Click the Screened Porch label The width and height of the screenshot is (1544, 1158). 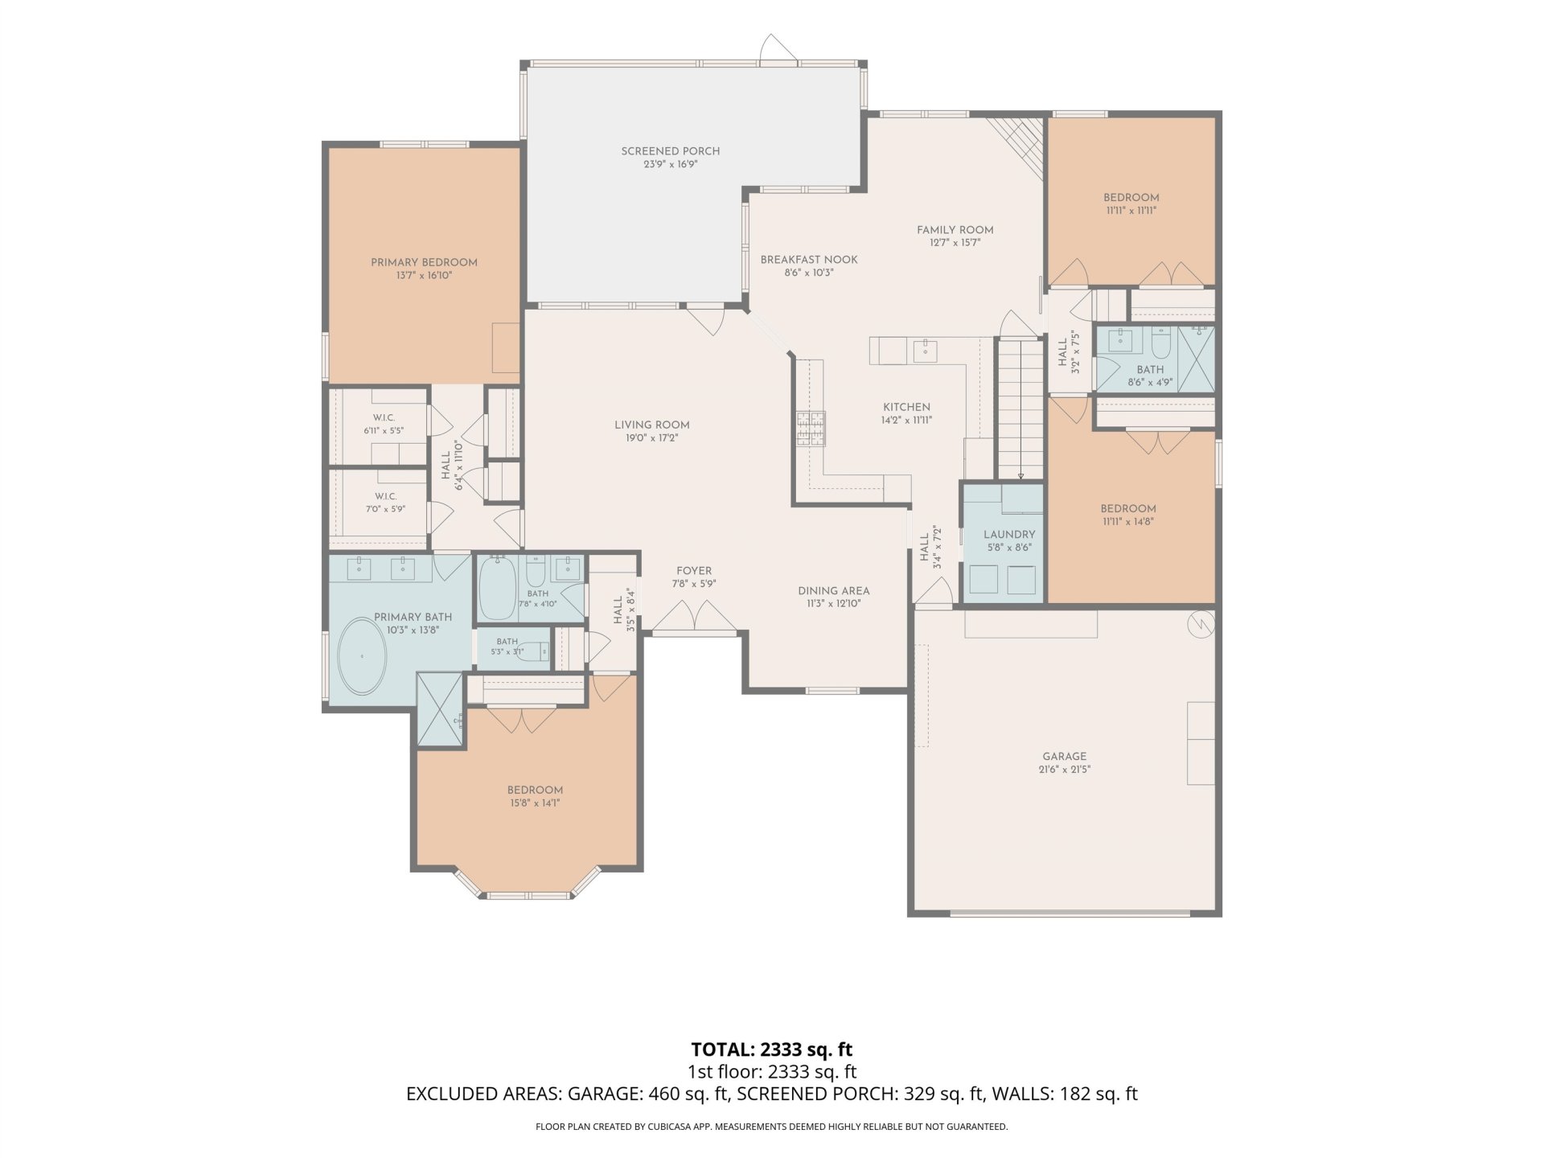tap(670, 151)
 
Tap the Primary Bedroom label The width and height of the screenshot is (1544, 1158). tap(424, 262)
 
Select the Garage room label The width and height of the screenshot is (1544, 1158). tap(1064, 756)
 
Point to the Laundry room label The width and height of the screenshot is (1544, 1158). tap(1009, 534)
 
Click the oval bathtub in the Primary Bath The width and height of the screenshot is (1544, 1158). tap(362, 657)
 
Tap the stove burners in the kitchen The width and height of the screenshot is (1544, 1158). tap(811, 428)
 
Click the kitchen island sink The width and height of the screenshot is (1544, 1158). tap(925, 351)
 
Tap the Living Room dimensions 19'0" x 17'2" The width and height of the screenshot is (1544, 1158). tap(652, 438)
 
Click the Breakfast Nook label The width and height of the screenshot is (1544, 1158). tap(809, 260)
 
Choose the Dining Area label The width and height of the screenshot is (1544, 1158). tap(834, 590)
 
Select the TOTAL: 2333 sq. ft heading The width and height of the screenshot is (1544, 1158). tap(772, 1049)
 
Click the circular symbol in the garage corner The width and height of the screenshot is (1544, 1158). tap(1200, 624)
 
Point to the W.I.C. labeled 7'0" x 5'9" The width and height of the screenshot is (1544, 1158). tap(385, 503)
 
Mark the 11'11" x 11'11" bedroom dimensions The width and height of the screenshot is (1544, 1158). tap(1131, 211)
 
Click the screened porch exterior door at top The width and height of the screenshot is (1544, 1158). tap(778, 49)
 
